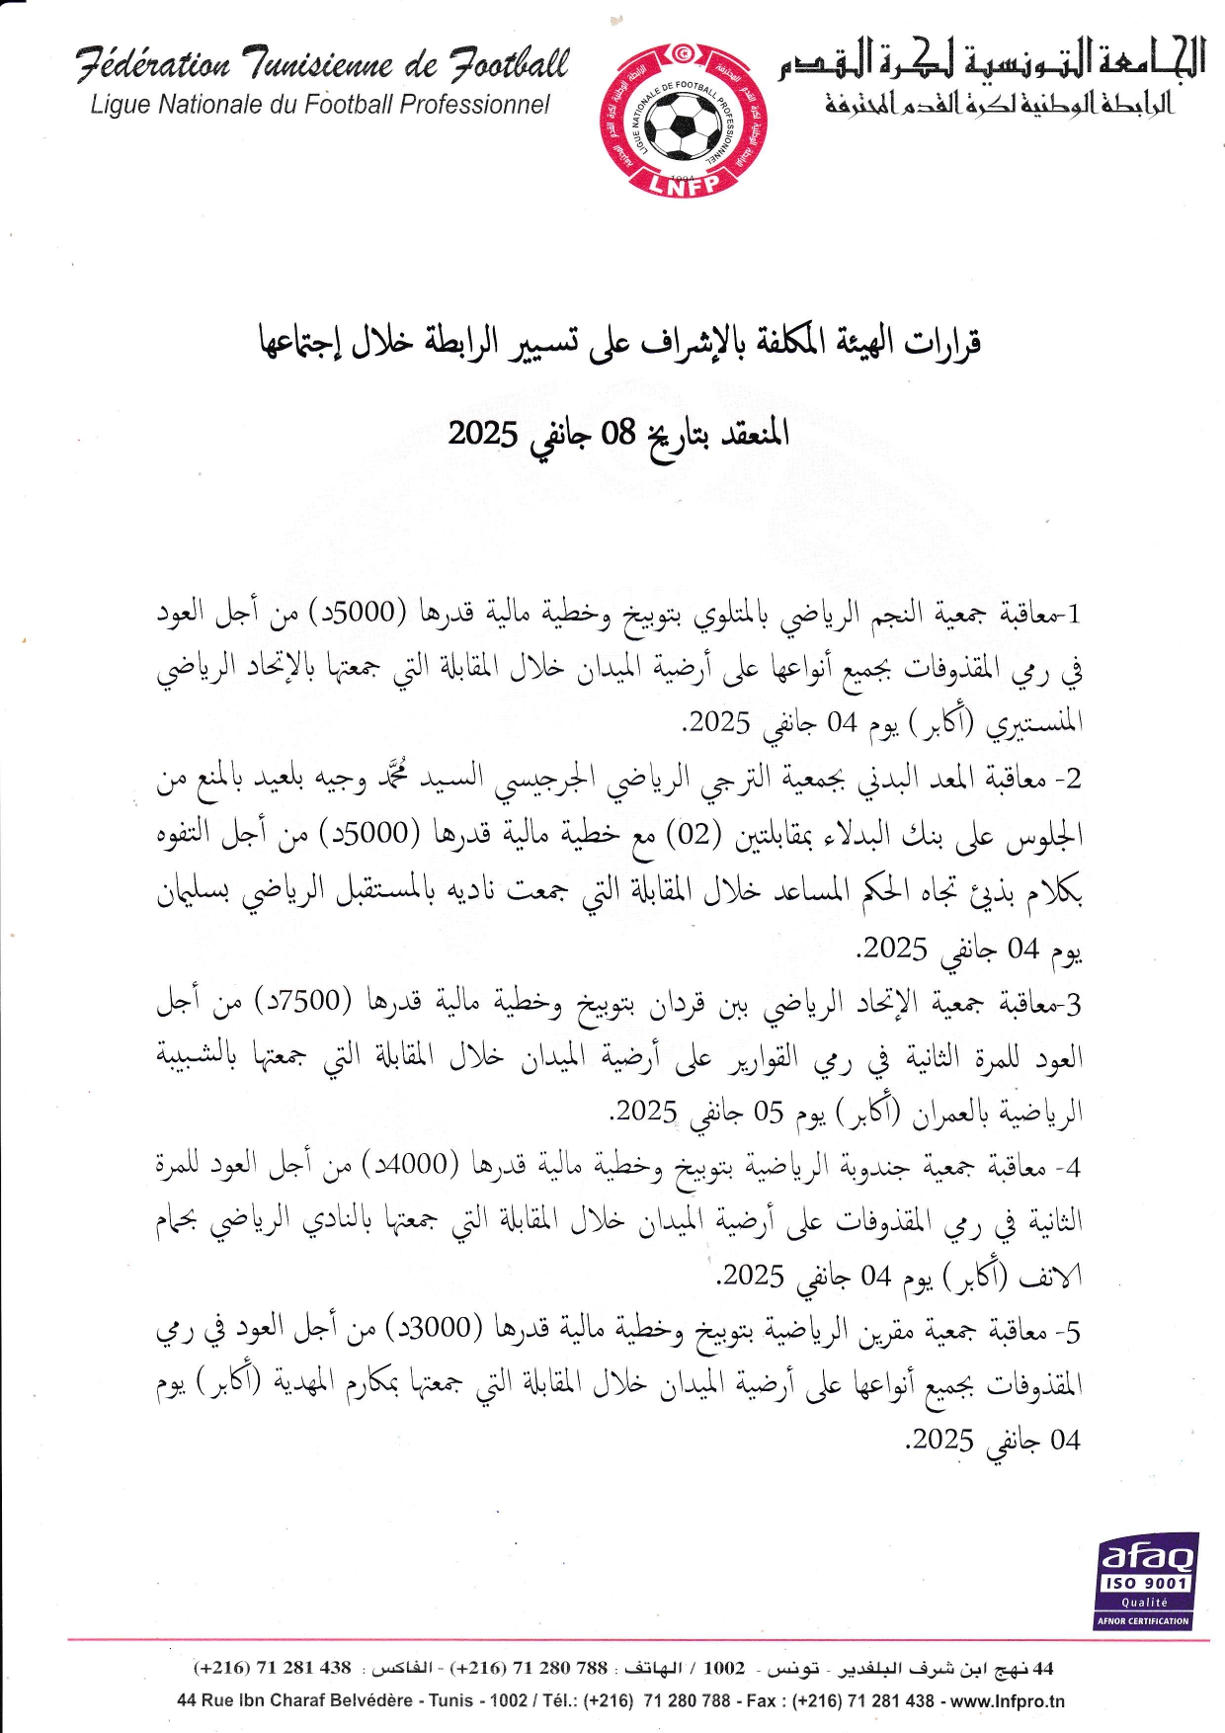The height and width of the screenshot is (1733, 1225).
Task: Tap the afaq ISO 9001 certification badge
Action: (1146, 1580)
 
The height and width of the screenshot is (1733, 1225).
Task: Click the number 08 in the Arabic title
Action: (618, 432)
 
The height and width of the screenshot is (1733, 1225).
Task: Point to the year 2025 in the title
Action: (483, 433)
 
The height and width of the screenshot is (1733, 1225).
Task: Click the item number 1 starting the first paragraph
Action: (1075, 614)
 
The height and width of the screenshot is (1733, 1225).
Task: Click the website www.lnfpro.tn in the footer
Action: (1005, 1700)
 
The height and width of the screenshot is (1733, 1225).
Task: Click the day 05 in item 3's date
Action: (769, 1113)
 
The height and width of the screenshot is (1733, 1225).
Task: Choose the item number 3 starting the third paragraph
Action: (1075, 1004)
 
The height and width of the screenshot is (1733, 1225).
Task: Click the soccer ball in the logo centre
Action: (685, 126)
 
